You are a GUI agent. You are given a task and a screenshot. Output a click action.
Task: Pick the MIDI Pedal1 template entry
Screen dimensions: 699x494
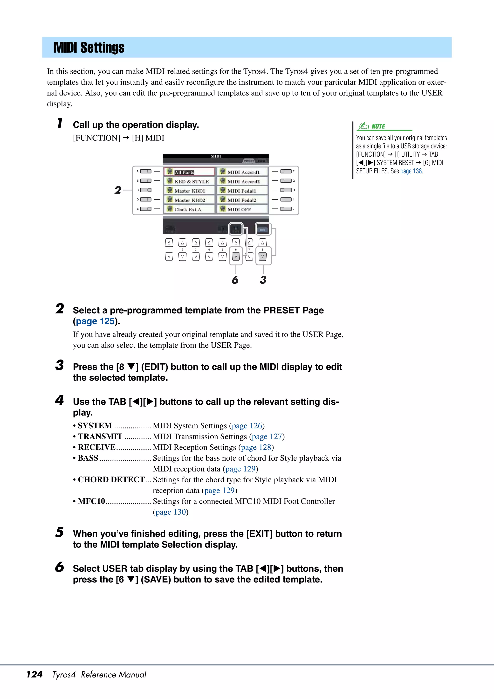tap(242, 191)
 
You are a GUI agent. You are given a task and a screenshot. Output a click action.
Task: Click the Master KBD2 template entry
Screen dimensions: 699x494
tap(190, 200)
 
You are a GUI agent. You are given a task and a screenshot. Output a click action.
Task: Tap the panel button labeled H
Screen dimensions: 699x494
tap(286, 190)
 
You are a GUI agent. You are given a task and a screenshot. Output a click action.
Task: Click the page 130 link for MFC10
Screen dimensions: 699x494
tap(171, 512)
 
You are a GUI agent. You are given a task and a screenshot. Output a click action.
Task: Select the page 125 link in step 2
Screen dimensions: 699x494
tap(95, 321)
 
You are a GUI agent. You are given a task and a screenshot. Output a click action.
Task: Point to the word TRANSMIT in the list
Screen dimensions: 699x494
tap(100, 436)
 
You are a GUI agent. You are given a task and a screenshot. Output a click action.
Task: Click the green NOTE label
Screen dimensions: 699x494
tap(378, 126)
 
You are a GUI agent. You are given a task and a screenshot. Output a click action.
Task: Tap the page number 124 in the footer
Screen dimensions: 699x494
tap(34, 674)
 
